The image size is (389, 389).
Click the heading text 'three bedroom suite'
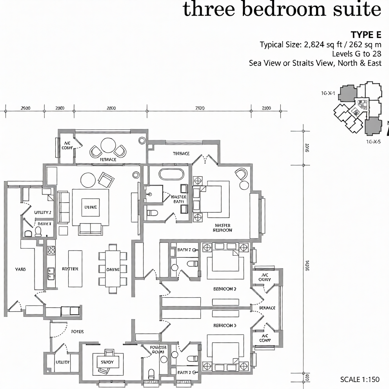pos(282,10)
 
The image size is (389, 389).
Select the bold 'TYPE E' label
pos(366,35)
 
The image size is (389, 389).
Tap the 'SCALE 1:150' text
pos(360,379)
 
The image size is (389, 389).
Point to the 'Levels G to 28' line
pos(356,54)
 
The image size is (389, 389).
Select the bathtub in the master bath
pos(171,173)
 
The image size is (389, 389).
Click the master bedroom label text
pos(223,228)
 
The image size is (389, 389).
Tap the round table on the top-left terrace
pos(107,145)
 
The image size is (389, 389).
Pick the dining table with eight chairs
pos(113,269)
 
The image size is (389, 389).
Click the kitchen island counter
pos(75,269)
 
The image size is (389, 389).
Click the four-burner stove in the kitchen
pos(51,250)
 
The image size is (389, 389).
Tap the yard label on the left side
pos(20,269)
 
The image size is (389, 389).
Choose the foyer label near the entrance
pos(77,331)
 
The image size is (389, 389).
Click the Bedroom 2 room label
pos(225,289)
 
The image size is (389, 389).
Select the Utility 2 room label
pos(42,212)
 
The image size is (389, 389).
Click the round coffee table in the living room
pos(88,180)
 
